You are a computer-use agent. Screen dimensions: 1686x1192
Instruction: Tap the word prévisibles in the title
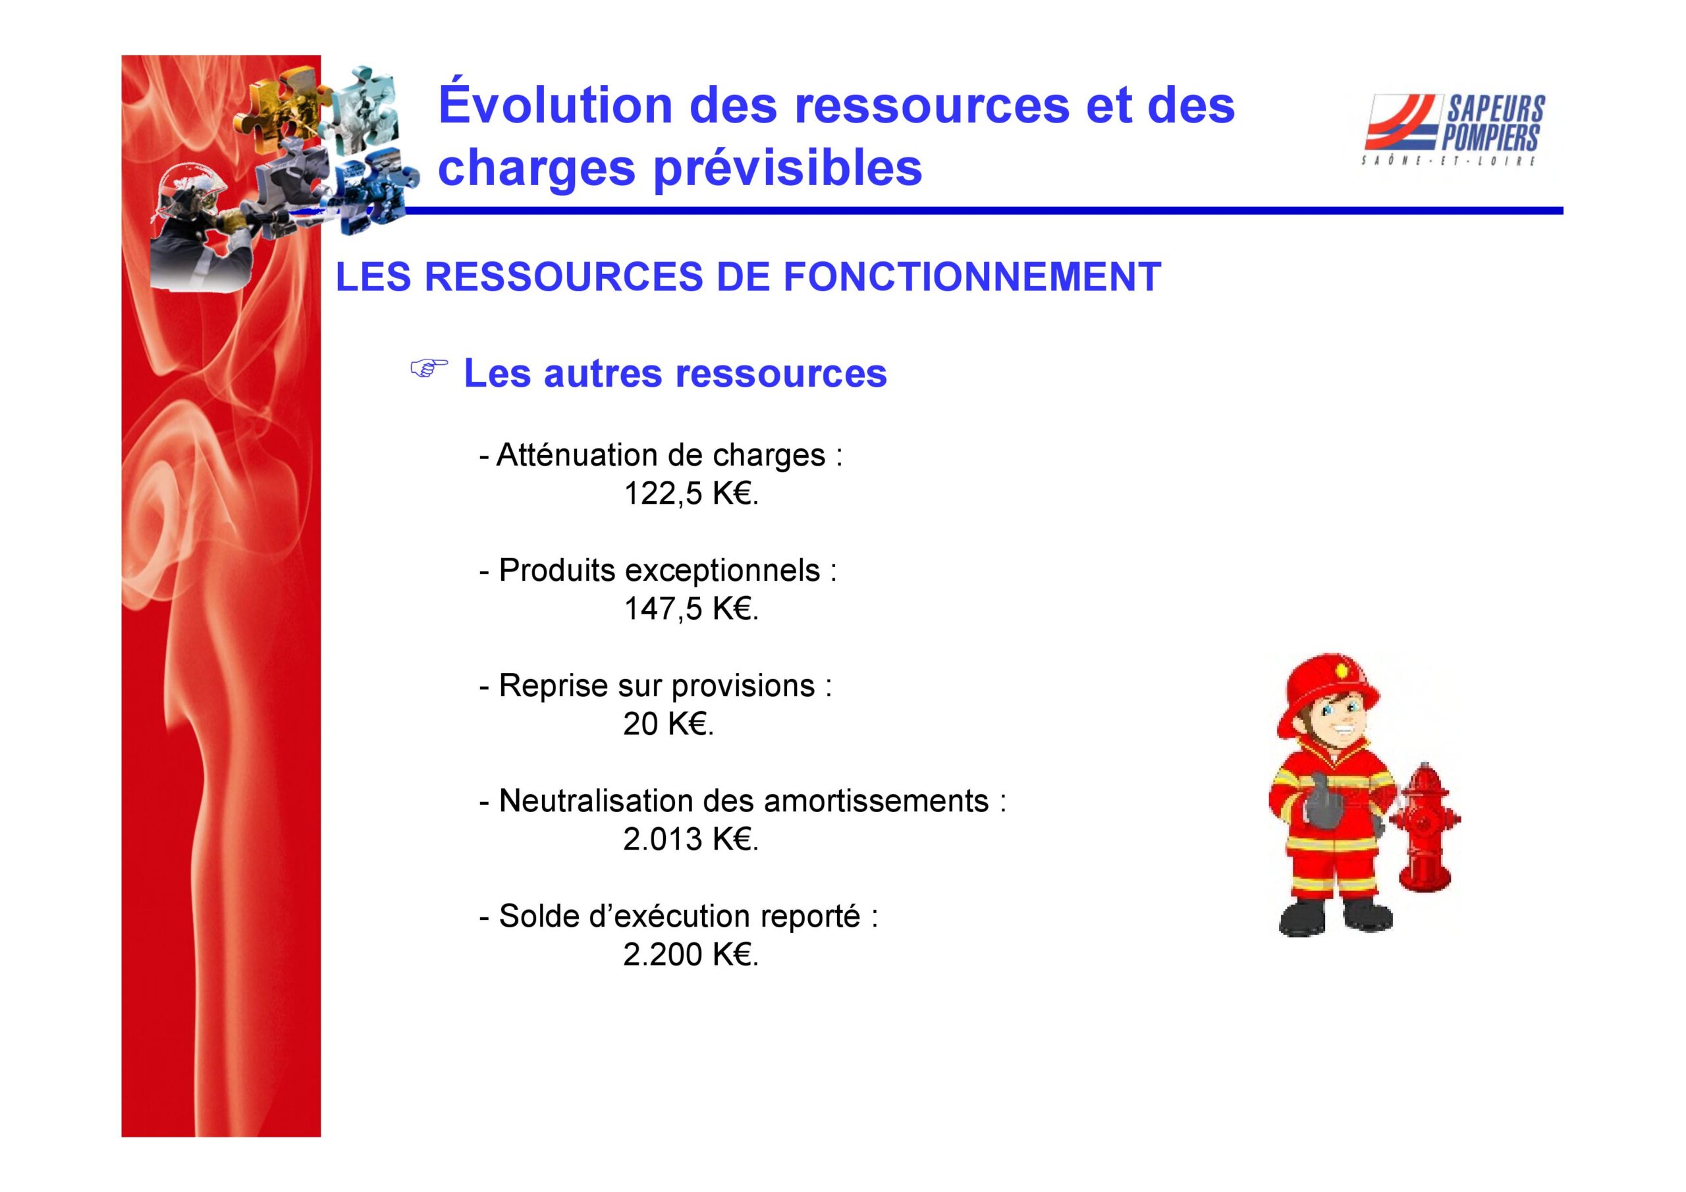[787, 167]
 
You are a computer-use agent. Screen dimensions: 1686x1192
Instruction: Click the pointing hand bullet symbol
[428, 369]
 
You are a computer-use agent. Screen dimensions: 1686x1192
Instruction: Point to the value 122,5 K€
[690, 493]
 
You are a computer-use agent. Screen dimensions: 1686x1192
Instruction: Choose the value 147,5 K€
[690, 609]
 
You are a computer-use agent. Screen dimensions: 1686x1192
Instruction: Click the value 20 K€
[668, 724]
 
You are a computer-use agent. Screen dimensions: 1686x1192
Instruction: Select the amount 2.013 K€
[690, 839]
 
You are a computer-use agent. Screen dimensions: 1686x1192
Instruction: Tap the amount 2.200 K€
[690, 954]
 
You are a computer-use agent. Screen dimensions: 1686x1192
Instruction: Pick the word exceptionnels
[722, 571]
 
